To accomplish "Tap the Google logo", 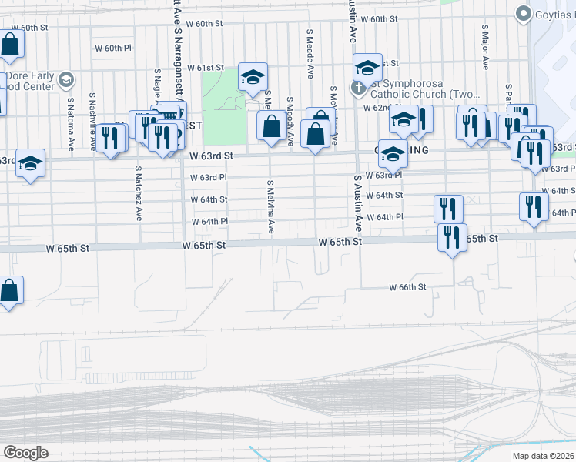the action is [x=25, y=452].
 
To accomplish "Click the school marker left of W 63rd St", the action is [x=30, y=164].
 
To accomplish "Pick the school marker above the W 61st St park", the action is [x=252, y=77].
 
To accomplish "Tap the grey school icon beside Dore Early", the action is [x=66, y=79].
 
